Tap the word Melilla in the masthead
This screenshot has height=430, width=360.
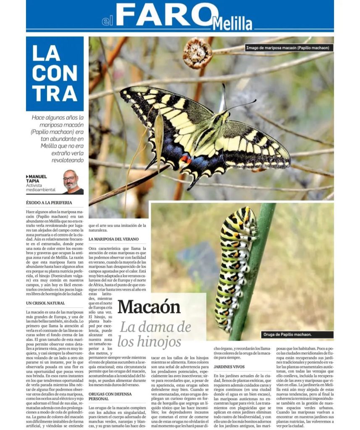232,24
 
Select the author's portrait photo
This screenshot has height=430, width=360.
73,182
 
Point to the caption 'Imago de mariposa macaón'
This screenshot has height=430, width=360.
289,48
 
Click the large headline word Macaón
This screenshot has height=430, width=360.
149,307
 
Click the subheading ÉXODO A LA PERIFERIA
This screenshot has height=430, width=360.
49,203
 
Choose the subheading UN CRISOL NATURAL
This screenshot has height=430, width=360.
45,303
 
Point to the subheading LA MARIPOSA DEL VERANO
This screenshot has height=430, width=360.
113,239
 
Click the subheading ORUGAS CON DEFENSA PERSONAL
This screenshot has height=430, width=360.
110,396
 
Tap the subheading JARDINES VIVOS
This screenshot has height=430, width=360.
229,367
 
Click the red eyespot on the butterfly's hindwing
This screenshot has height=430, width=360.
185,159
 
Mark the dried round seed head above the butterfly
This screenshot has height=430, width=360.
197,53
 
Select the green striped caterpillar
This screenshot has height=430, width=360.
235,269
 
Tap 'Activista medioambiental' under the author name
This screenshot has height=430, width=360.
41,187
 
